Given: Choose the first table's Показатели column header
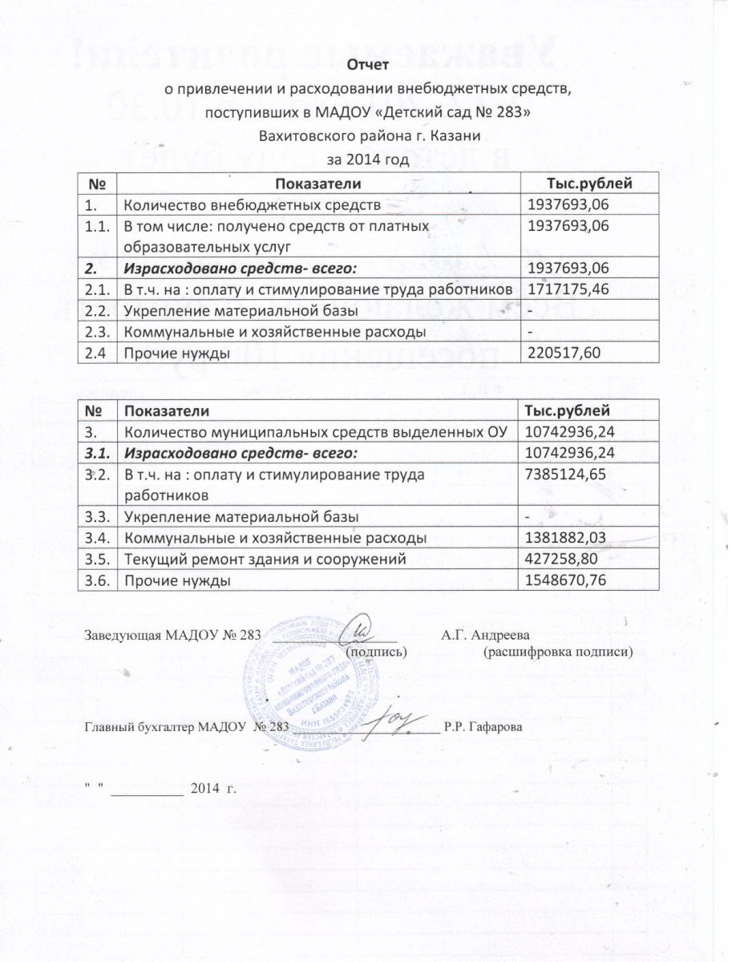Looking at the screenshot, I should coord(317,184).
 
